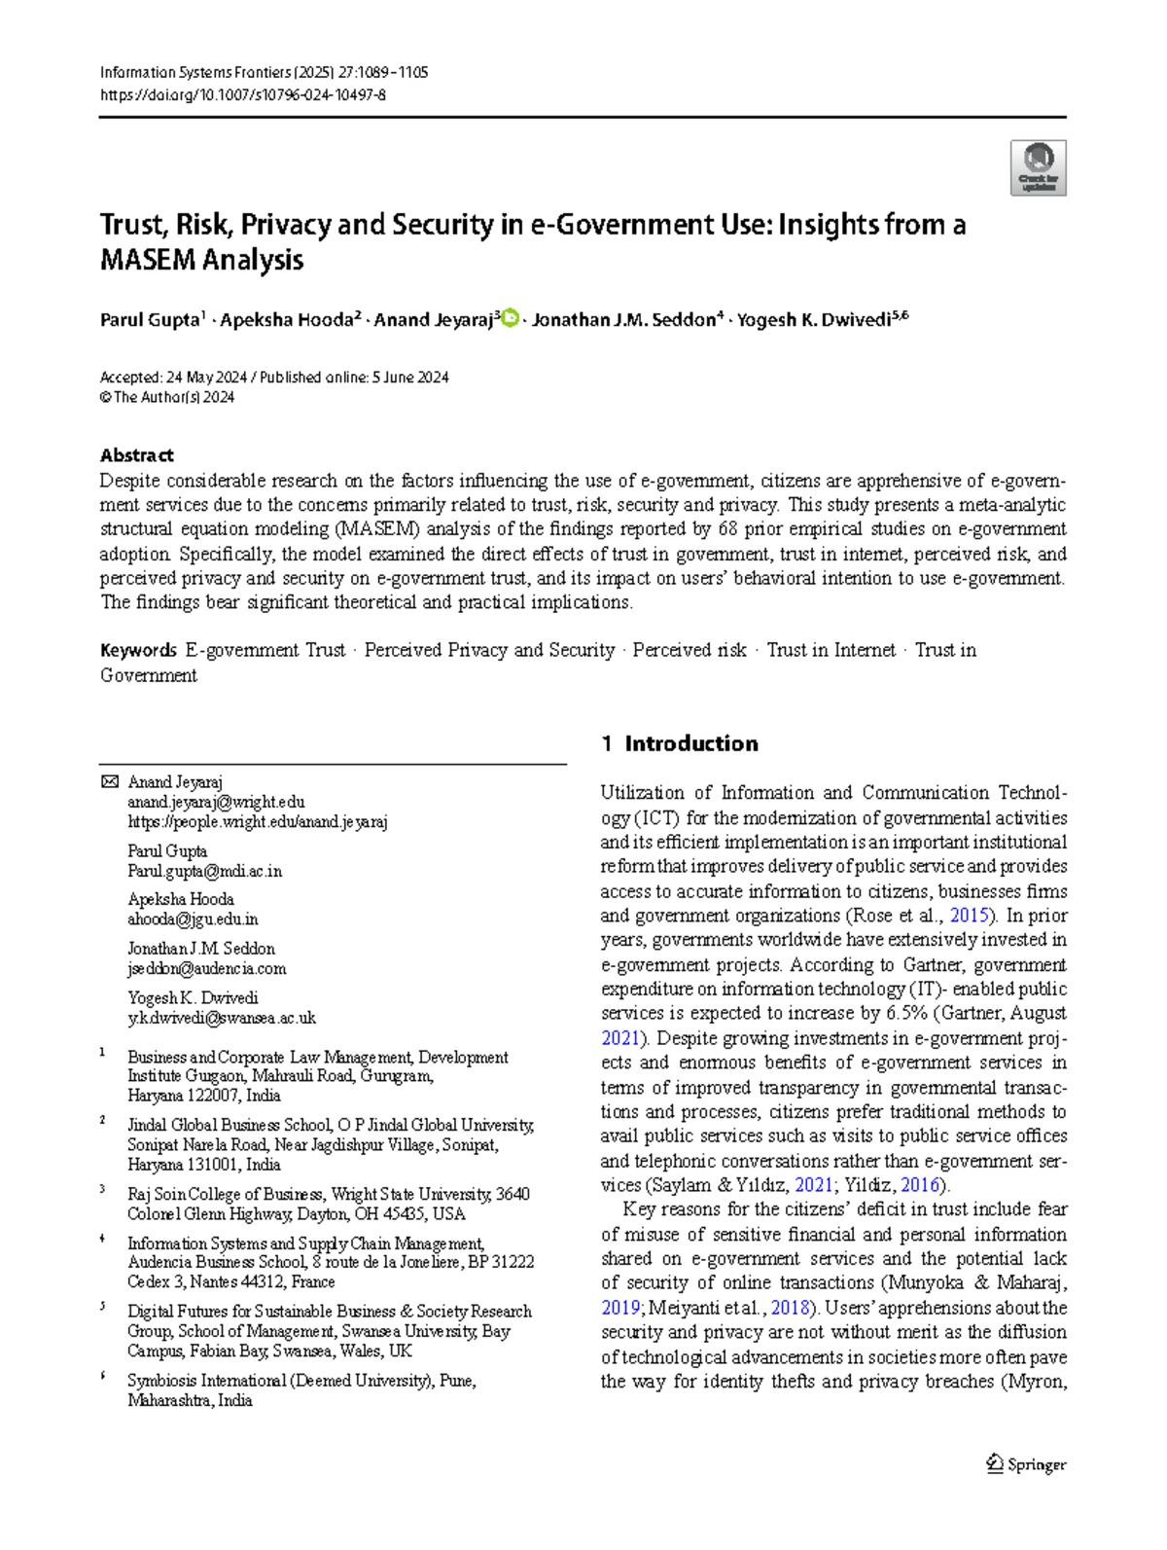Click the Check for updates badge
click(x=1038, y=167)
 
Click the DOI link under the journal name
click(x=242, y=95)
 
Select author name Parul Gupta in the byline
click(x=150, y=320)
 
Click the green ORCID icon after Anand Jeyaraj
click(x=510, y=318)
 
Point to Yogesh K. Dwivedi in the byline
click(x=813, y=320)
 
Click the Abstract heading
click(x=137, y=455)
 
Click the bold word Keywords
click(x=138, y=650)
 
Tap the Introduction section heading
click(x=690, y=743)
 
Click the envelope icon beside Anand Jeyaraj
click(x=110, y=782)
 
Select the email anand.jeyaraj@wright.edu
click(x=216, y=803)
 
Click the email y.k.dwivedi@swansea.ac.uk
click(x=222, y=1018)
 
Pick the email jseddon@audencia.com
click(x=207, y=968)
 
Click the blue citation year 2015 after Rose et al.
click(x=969, y=916)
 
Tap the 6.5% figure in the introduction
click(x=906, y=1013)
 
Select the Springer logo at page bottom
click(x=1027, y=1464)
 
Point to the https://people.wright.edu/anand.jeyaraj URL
click(x=258, y=822)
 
